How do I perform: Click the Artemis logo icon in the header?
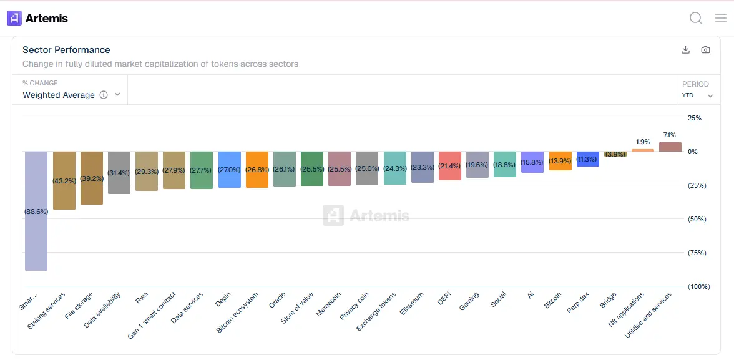coord(14,18)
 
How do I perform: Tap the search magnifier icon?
coord(696,18)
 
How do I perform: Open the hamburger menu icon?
coord(721,18)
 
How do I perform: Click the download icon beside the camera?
coord(685,50)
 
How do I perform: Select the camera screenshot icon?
coord(705,50)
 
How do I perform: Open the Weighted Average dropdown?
coord(71,95)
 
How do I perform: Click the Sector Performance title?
coord(66,50)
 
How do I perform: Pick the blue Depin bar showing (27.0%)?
coord(230,170)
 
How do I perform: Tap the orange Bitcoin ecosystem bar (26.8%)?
coord(257,170)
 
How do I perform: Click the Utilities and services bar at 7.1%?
coord(670,147)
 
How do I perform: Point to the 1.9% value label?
coord(643,142)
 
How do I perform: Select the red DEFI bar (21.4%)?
coord(450,166)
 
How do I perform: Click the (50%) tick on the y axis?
coord(697,219)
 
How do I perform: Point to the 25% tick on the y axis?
coord(695,118)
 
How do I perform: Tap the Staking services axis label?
coord(47,310)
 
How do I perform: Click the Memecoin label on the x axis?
coord(328,304)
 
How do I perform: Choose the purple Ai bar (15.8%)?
coord(532,162)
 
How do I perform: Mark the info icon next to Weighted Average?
coord(104,95)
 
